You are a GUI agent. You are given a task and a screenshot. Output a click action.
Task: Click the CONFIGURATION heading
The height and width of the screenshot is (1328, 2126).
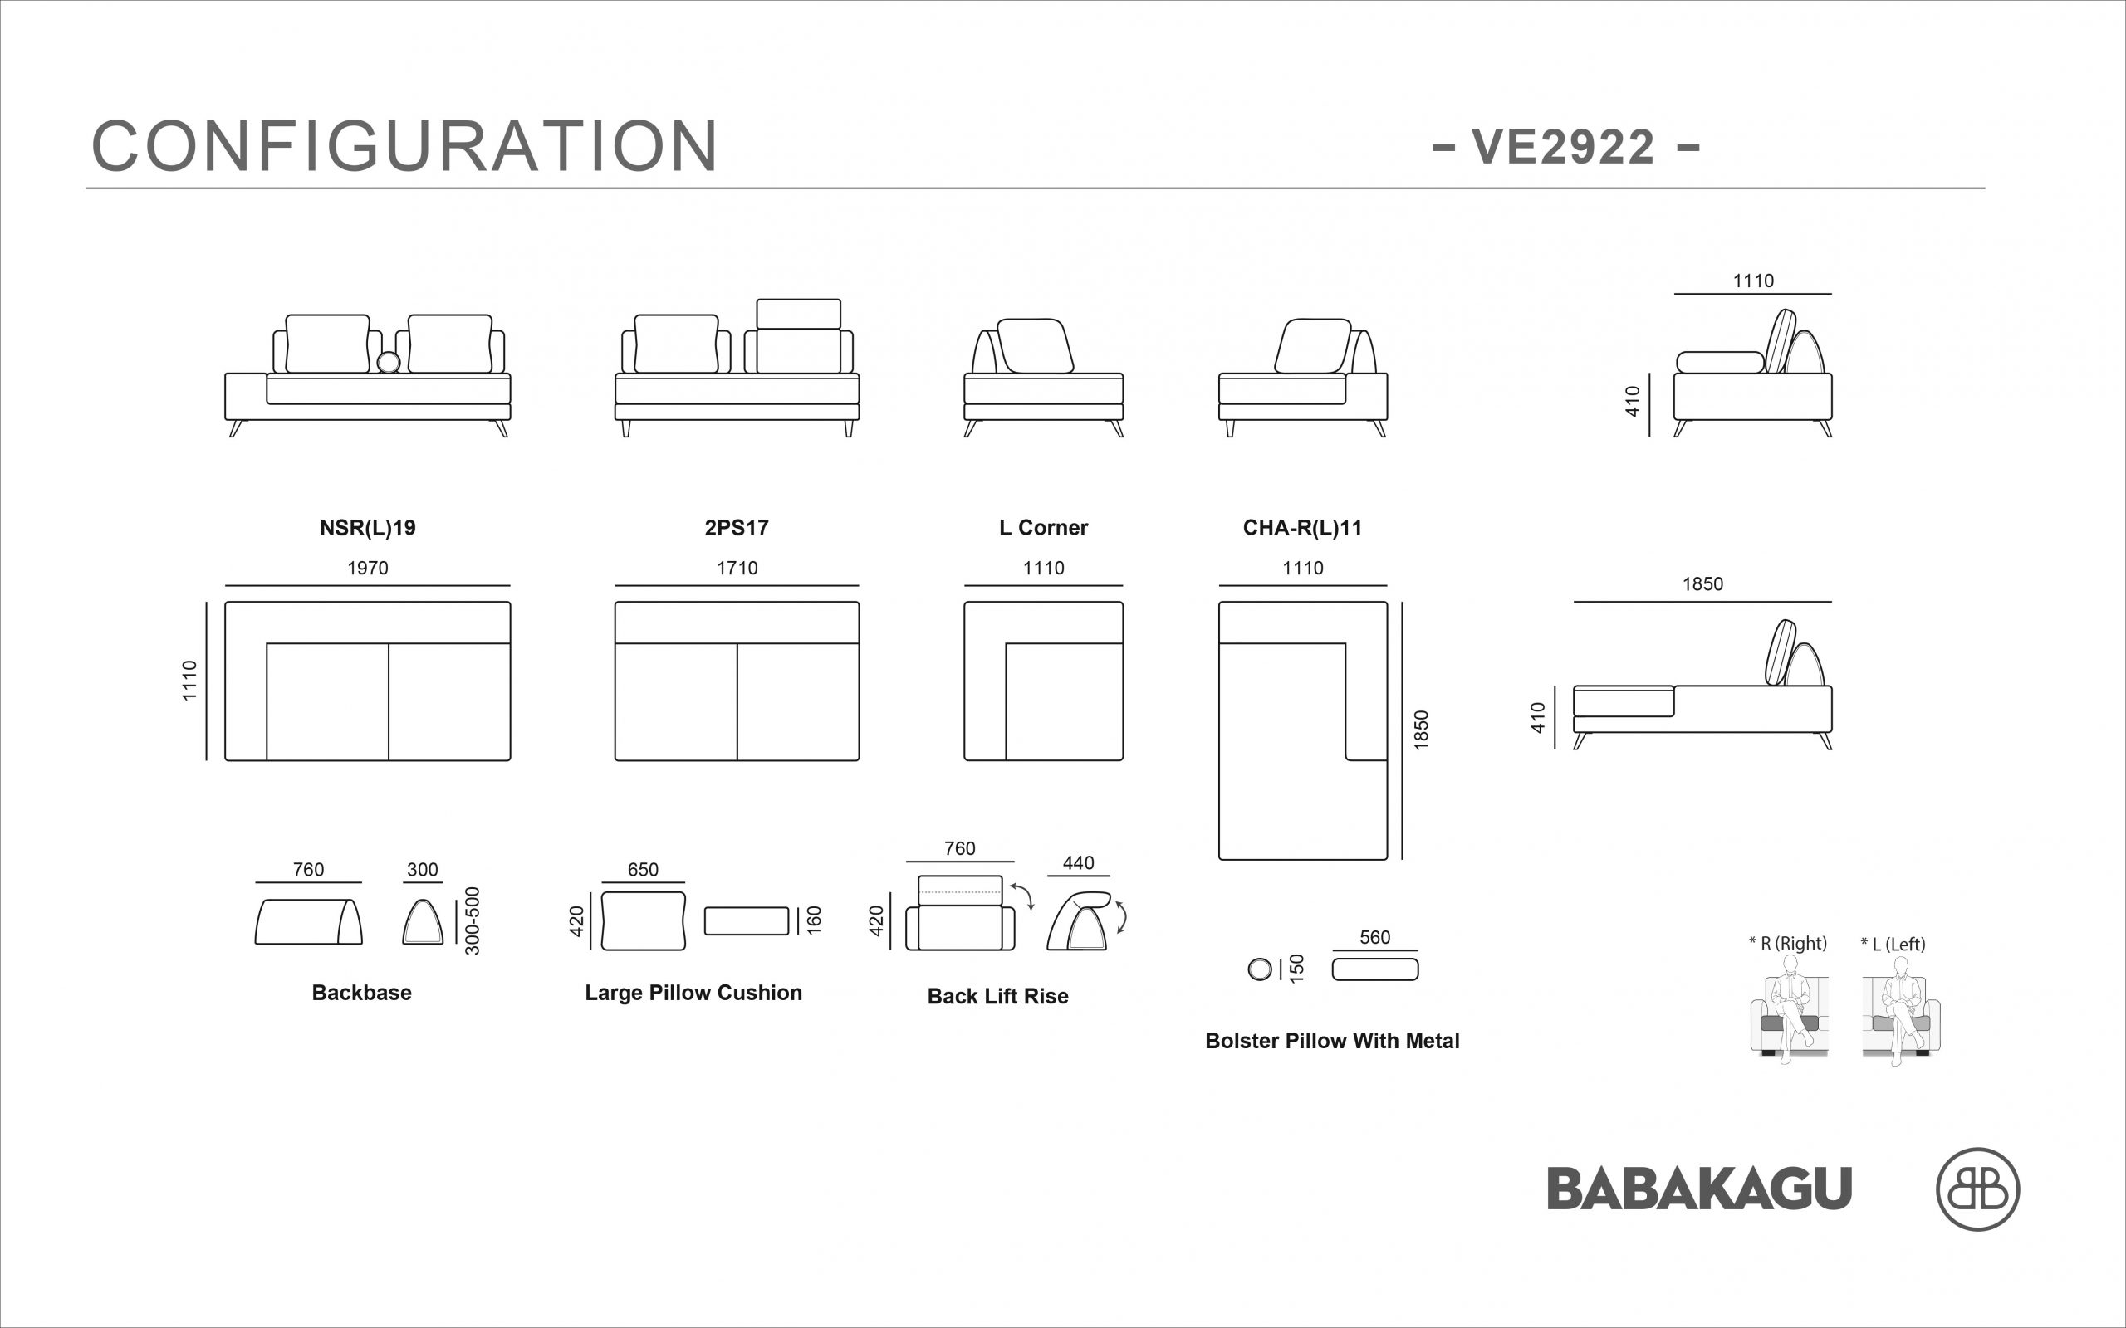pyautogui.click(x=405, y=146)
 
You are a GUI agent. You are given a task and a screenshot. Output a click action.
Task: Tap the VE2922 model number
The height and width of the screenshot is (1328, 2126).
pyautogui.click(x=1565, y=147)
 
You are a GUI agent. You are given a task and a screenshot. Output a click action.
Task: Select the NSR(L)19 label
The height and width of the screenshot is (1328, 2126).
pyautogui.click(x=367, y=528)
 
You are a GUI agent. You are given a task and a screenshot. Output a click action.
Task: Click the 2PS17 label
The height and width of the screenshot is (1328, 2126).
pyautogui.click(x=736, y=528)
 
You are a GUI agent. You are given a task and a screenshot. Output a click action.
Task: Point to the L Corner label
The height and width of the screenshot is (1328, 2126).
pyautogui.click(x=1043, y=528)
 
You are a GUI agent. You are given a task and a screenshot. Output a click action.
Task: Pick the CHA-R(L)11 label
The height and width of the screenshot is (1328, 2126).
pyautogui.click(x=1302, y=528)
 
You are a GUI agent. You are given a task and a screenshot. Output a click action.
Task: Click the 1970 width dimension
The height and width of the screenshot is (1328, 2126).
pyautogui.click(x=367, y=569)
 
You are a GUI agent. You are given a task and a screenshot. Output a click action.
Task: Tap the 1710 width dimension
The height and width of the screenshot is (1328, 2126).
pyautogui.click(x=736, y=569)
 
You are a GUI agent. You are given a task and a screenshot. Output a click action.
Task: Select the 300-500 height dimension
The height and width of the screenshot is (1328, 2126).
pyautogui.click(x=473, y=920)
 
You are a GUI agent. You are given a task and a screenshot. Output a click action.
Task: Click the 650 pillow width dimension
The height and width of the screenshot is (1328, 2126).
pyautogui.click(x=642, y=870)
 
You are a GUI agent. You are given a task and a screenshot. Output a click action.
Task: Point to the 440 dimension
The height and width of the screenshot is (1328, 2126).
pyautogui.click(x=1078, y=862)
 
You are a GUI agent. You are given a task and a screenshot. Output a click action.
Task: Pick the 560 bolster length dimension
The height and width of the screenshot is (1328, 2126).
pyautogui.click(x=1375, y=937)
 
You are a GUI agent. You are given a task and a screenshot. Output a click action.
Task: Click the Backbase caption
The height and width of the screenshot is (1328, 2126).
pyautogui.click(x=361, y=993)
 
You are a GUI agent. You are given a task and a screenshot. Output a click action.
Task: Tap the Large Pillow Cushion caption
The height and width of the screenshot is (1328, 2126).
pyautogui.click(x=693, y=993)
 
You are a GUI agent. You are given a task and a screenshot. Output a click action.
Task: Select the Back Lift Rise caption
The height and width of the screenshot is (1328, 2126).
pyautogui.click(x=998, y=996)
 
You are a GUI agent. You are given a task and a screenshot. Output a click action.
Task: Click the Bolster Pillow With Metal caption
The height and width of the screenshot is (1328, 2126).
pyautogui.click(x=1332, y=1041)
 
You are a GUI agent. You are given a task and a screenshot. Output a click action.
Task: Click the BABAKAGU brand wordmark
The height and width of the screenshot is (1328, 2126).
pyautogui.click(x=1699, y=1189)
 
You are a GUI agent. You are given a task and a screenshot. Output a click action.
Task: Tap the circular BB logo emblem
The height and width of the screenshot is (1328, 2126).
pyautogui.click(x=1977, y=1189)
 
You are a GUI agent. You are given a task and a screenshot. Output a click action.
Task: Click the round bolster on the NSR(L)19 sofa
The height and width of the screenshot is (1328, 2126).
pyautogui.click(x=389, y=362)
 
